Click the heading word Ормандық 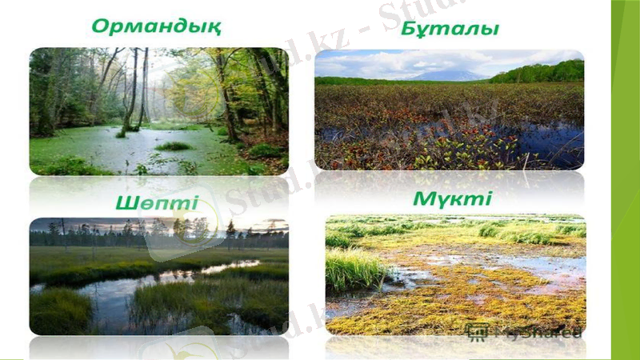tap(156, 26)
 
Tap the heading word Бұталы tap(450, 30)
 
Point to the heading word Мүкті tap(452, 198)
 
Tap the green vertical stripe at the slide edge tap(625, 180)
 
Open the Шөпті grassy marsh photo tap(158, 276)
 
